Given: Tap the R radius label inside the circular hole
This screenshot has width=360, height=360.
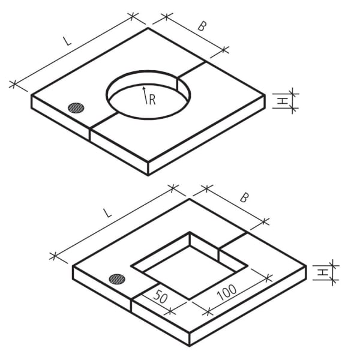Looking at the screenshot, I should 152,100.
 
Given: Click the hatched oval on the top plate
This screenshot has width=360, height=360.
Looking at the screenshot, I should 76,108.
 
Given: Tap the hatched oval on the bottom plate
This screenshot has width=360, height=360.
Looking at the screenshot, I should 118,279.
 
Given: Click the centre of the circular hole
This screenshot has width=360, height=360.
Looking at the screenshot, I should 149,94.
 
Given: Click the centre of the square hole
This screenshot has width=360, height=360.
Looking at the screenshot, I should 190,266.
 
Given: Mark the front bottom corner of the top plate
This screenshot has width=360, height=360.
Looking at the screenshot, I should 148,175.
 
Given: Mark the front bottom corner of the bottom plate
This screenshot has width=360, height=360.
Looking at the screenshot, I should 190,346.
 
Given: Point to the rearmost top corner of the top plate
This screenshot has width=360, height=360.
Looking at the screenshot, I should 148,28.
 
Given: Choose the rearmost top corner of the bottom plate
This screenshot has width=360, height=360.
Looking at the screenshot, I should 190,199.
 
